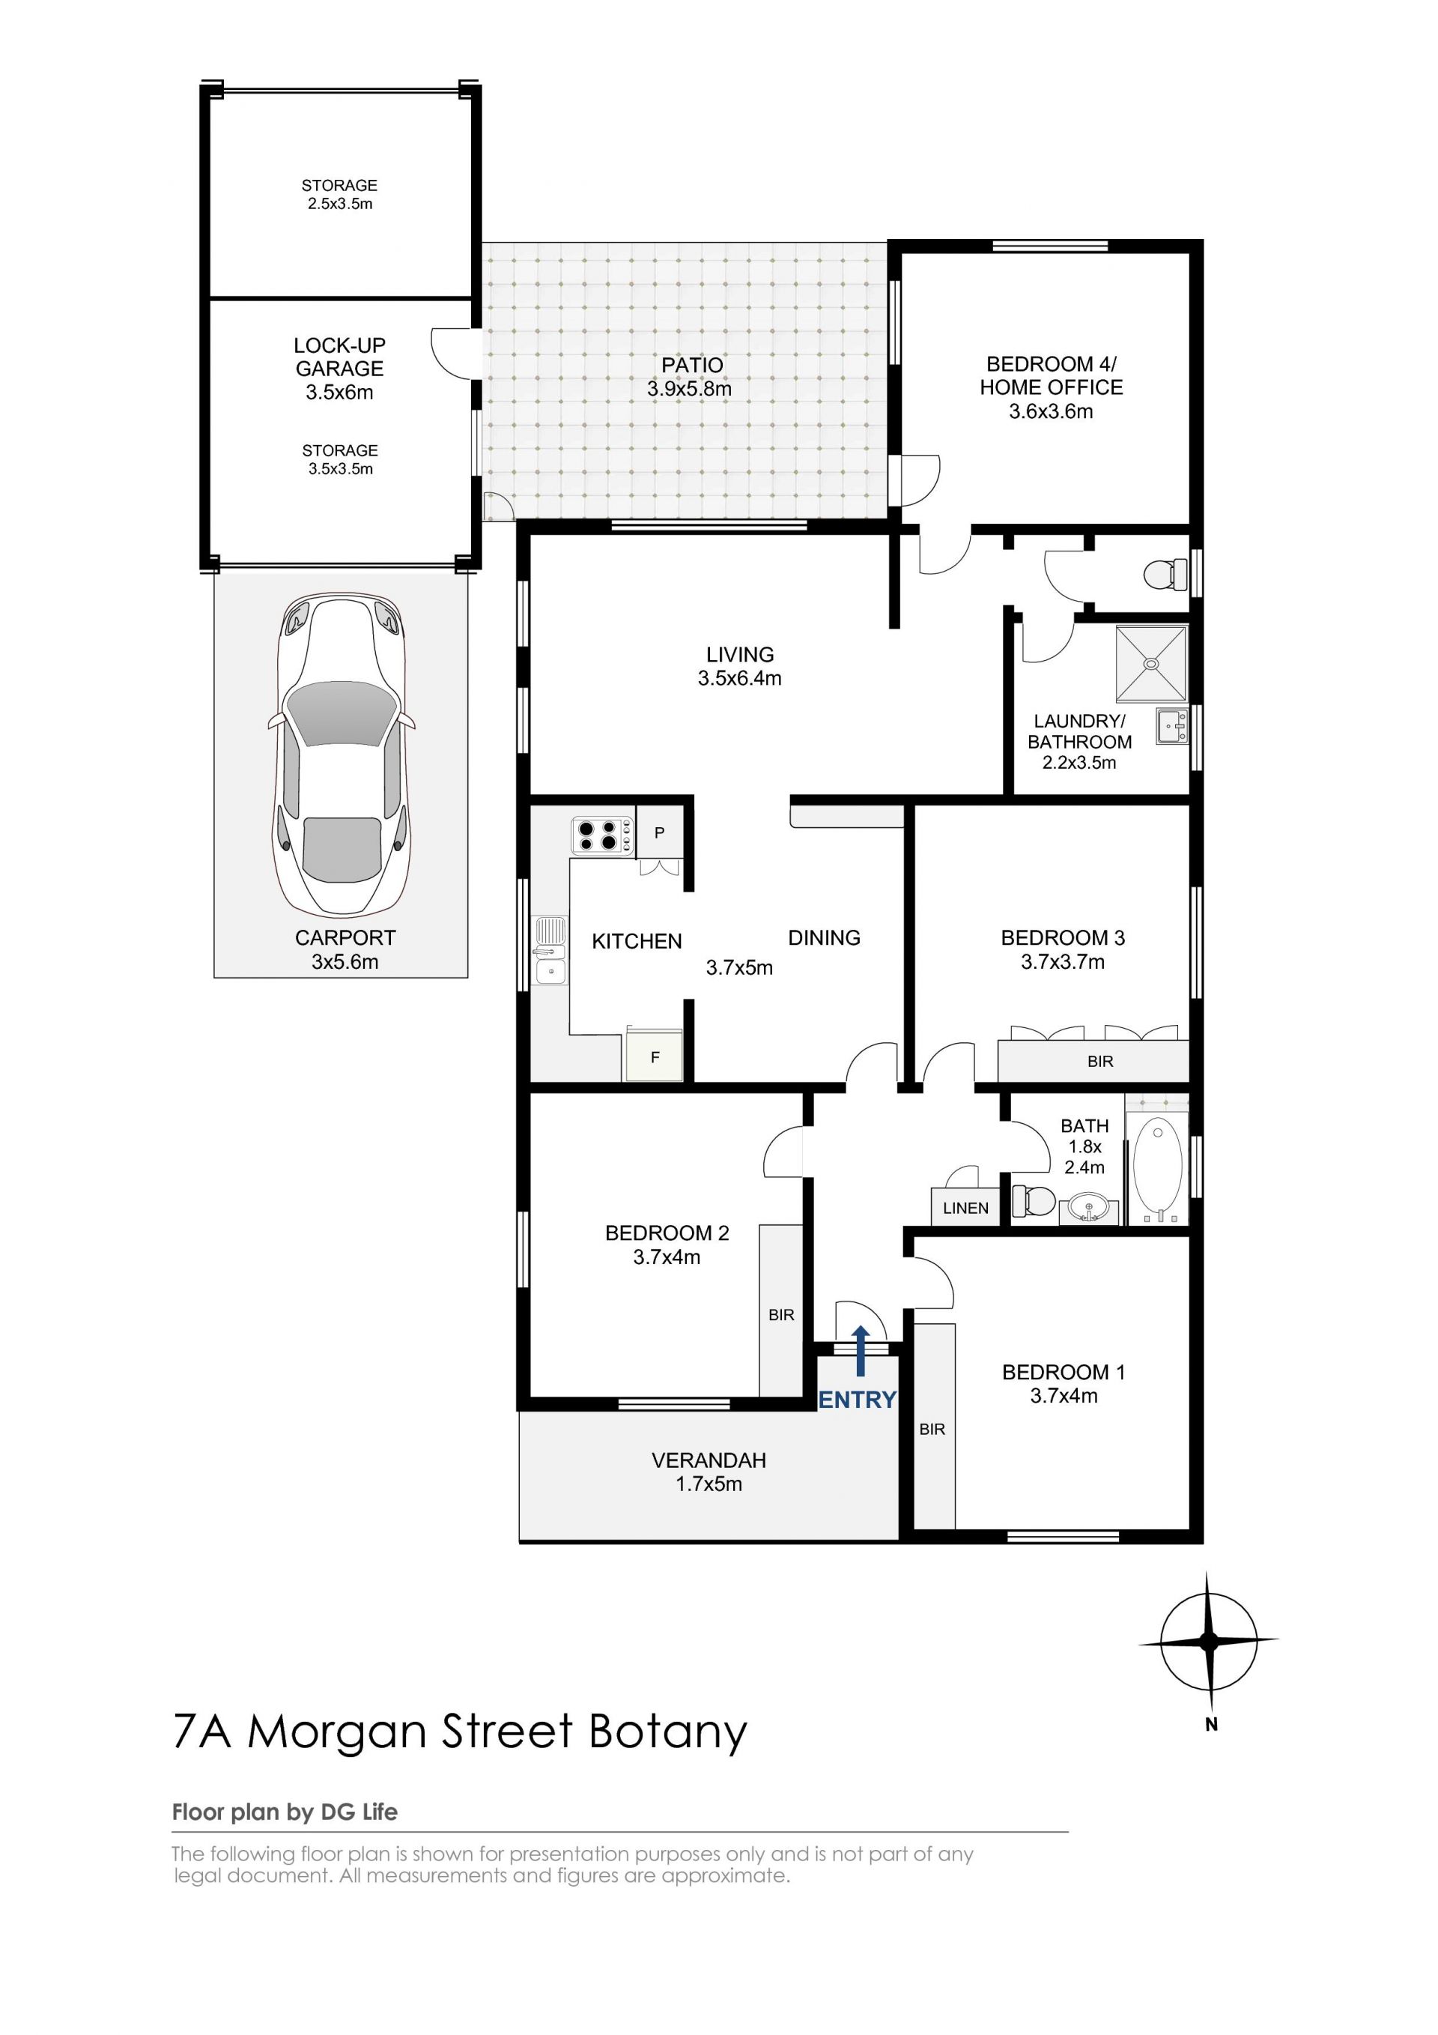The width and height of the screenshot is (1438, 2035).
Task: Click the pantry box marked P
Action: click(x=659, y=832)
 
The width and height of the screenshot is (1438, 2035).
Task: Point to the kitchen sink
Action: click(x=550, y=952)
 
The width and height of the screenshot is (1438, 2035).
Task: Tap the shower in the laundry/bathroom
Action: click(x=1151, y=663)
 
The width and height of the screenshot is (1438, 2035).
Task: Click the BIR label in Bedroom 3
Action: click(x=1100, y=1061)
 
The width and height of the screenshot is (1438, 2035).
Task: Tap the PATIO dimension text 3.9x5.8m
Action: click(x=689, y=388)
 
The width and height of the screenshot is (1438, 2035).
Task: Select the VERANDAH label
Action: click(x=709, y=1460)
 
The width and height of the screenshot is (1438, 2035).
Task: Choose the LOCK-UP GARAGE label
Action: click(x=339, y=357)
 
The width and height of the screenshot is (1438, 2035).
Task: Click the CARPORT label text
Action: click(x=345, y=938)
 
